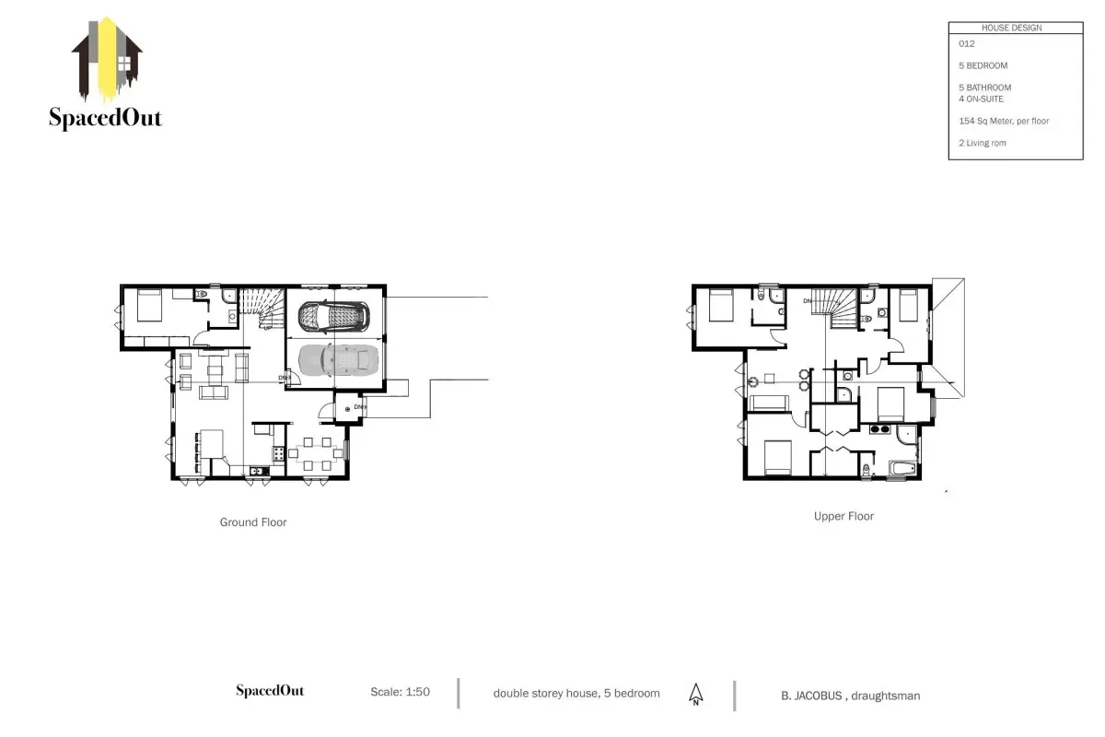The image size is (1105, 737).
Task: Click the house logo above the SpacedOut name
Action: coord(107,59)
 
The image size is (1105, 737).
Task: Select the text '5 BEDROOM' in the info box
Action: coord(983,65)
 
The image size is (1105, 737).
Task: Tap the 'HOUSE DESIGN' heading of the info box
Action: coord(1011,29)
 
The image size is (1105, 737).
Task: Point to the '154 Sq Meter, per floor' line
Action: coord(1004,121)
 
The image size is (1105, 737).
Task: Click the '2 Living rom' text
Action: coord(983,143)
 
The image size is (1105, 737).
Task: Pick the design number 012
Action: coord(966,44)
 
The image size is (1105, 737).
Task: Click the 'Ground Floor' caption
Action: coord(253,522)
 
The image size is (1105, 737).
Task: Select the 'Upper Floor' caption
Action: coord(843,516)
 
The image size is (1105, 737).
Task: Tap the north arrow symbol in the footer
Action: coord(695,695)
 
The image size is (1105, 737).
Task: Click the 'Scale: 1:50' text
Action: coord(400,692)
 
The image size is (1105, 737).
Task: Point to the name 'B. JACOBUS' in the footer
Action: coord(811,696)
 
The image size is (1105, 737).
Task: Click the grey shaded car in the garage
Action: coord(339,360)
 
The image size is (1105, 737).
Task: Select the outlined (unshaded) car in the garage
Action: coord(334,316)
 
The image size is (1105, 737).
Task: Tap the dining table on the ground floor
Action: coord(316,453)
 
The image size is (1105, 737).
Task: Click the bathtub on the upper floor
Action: coord(903,468)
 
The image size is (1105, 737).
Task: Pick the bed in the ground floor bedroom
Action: coord(149,306)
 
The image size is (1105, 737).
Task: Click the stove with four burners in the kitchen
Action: coord(278,453)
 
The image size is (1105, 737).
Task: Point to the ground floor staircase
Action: coord(262,309)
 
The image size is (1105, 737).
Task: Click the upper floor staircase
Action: coord(834,309)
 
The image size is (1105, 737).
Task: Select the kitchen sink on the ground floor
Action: coord(259,472)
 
